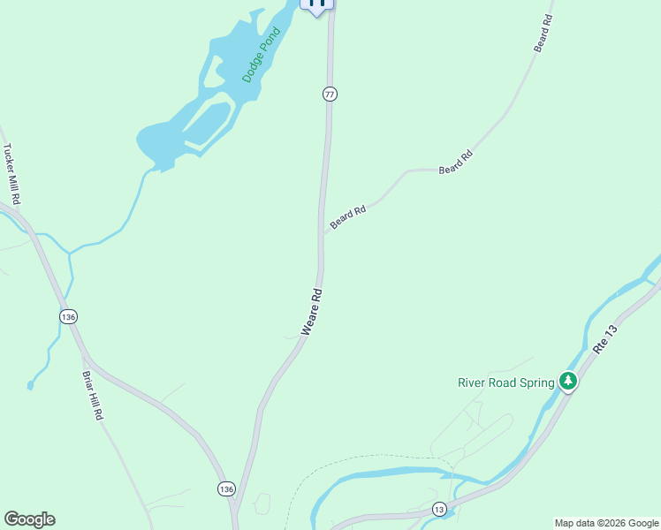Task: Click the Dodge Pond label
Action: tap(261, 55)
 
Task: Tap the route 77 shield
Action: tap(330, 94)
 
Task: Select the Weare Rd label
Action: tap(310, 310)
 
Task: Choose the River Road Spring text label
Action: tap(505, 382)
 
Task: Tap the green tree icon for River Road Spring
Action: tap(567, 382)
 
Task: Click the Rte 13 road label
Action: tap(604, 338)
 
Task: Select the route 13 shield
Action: tap(439, 509)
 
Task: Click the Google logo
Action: tap(29, 519)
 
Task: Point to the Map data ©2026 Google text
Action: tap(606, 523)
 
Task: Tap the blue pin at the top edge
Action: tap(317, 4)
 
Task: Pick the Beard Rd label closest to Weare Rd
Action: tap(347, 218)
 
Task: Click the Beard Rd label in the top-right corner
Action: tap(543, 33)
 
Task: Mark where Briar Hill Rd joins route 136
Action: tap(85, 358)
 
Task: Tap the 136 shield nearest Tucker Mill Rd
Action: tap(69, 315)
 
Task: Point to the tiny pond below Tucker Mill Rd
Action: tap(30, 385)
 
